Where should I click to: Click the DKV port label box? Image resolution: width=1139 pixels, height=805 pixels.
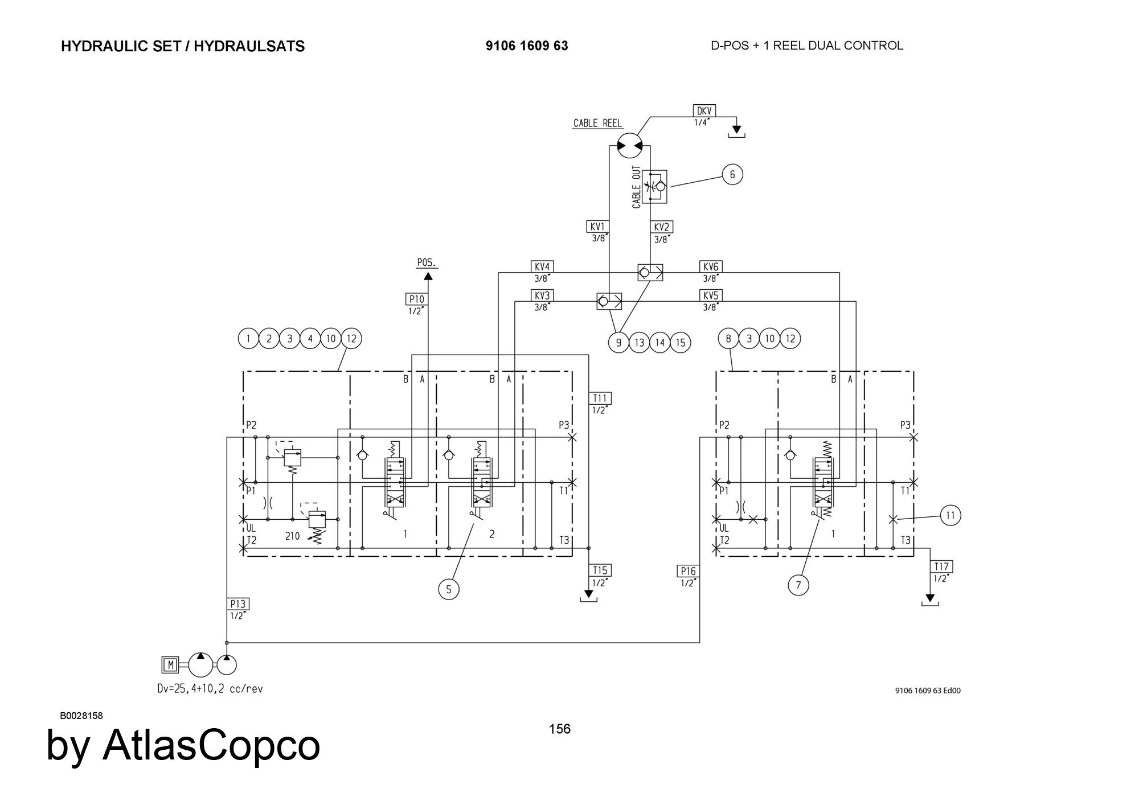704,111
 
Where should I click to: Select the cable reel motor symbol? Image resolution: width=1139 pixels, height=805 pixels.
629,146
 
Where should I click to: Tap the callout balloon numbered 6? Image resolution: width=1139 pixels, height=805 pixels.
732,174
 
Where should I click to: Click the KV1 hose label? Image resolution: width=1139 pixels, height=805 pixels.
597,227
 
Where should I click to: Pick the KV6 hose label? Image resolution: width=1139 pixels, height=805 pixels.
711,267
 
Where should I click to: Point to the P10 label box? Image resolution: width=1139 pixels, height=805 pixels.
416,299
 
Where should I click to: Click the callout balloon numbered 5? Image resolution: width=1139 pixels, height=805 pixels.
449,589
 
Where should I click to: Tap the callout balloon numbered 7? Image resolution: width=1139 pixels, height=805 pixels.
798,585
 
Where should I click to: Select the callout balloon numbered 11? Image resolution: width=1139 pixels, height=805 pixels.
950,516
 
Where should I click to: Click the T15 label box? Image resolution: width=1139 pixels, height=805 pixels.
600,570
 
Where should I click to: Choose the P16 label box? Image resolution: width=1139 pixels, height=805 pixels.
688,571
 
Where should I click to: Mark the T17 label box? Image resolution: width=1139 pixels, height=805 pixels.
941,566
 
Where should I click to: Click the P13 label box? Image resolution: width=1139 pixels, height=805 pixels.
239,604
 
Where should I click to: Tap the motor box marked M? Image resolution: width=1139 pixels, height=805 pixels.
170,664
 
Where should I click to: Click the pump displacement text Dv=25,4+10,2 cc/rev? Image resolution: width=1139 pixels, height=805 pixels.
210,689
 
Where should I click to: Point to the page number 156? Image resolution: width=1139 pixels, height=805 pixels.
559,729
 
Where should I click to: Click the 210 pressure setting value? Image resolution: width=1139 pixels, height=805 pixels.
292,536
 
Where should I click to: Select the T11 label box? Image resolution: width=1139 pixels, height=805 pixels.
600,399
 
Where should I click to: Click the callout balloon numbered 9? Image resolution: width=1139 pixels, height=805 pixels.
618,343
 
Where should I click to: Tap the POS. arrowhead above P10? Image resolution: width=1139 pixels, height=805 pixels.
428,276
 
